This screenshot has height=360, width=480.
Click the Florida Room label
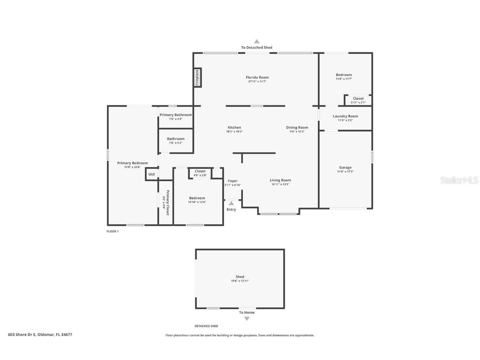pyautogui.click(x=257, y=77)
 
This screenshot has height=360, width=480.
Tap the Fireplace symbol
pyautogui.click(x=197, y=77)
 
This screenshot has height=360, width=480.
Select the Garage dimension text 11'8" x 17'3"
pyautogui.click(x=345, y=172)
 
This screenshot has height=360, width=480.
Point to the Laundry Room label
pyautogui.click(x=345, y=116)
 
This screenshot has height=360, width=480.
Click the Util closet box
pyautogui.click(x=151, y=174)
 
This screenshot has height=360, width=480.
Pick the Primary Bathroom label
pyautogui.click(x=175, y=115)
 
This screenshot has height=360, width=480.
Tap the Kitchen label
pyautogui.click(x=234, y=127)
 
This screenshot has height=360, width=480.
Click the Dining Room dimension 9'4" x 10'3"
pyautogui.click(x=297, y=132)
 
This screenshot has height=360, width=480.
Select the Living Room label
pyautogui.click(x=280, y=180)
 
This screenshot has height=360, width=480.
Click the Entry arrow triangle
pyautogui.click(x=231, y=203)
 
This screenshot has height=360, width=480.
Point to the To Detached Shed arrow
pyautogui.click(x=257, y=41)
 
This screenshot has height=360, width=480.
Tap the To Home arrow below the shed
pyautogui.click(x=247, y=319)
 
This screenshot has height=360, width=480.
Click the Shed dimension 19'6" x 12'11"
pyautogui.click(x=240, y=281)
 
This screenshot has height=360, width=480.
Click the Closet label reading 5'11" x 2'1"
pyautogui.click(x=358, y=102)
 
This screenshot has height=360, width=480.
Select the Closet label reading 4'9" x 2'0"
pyautogui.click(x=200, y=175)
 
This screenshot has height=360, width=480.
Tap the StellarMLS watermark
pyautogui.click(x=460, y=180)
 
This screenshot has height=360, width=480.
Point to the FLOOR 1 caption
pyautogui.click(x=112, y=231)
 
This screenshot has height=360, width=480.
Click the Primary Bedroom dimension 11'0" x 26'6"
pyautogui.click(x=132, y=167)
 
